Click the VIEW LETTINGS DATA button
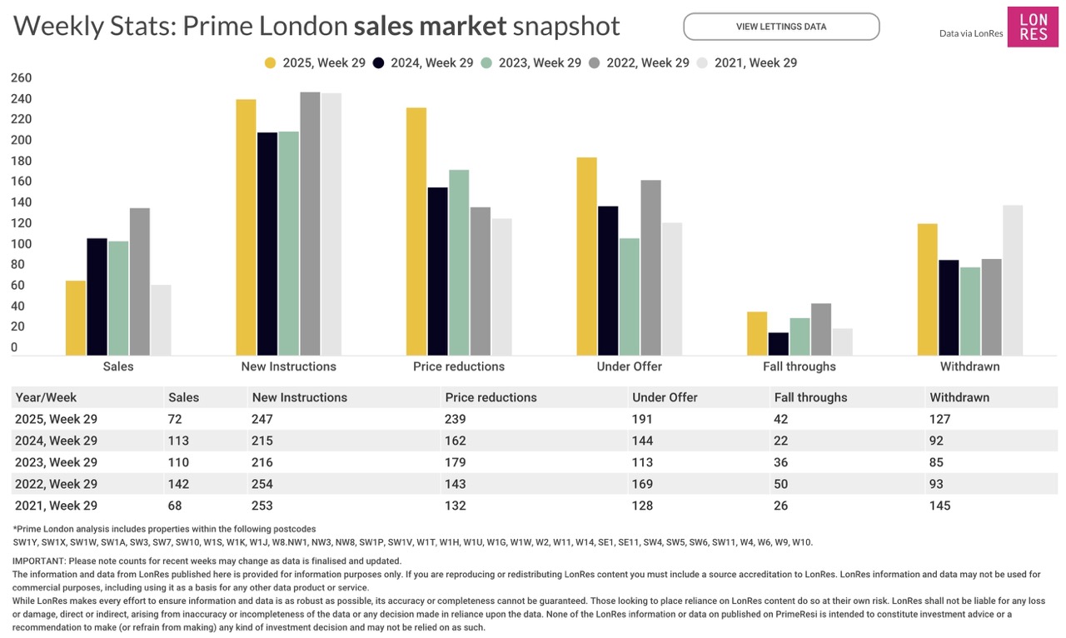point(781,27)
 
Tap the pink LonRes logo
point(1033,27)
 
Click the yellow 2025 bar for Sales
point(76,318)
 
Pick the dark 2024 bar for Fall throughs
point(779,344)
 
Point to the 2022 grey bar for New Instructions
point(310,223)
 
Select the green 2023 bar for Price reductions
point(459,262)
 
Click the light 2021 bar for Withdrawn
point(1013,280)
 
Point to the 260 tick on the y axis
point(21,78)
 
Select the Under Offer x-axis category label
point(630,366)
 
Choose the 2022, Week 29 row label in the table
point(57,484)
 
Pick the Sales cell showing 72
point(175,419)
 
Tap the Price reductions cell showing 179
point(456,462)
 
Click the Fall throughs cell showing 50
point(783,484)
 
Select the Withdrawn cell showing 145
point(940,506)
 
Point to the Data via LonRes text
point(971,34)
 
